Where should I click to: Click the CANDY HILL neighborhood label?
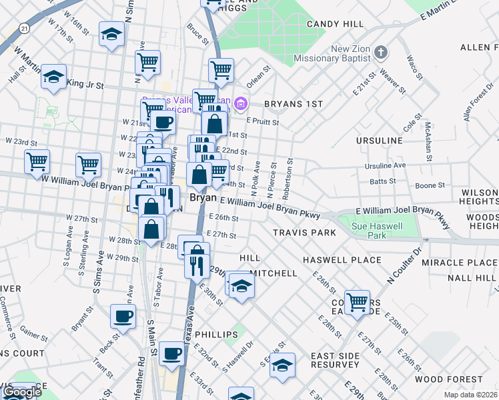[x=336, y=24]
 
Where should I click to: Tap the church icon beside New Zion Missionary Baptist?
[x=381, y=52]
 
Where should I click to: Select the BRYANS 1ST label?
[x=293, y=104]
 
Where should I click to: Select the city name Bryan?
[x=203, y=198]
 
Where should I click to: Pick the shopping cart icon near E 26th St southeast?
[x=358, y=301]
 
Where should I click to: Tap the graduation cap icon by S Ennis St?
[x=284, y=365]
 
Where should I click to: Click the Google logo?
[x=22, y=393]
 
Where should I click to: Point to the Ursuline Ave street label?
[x=385, y=165]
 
